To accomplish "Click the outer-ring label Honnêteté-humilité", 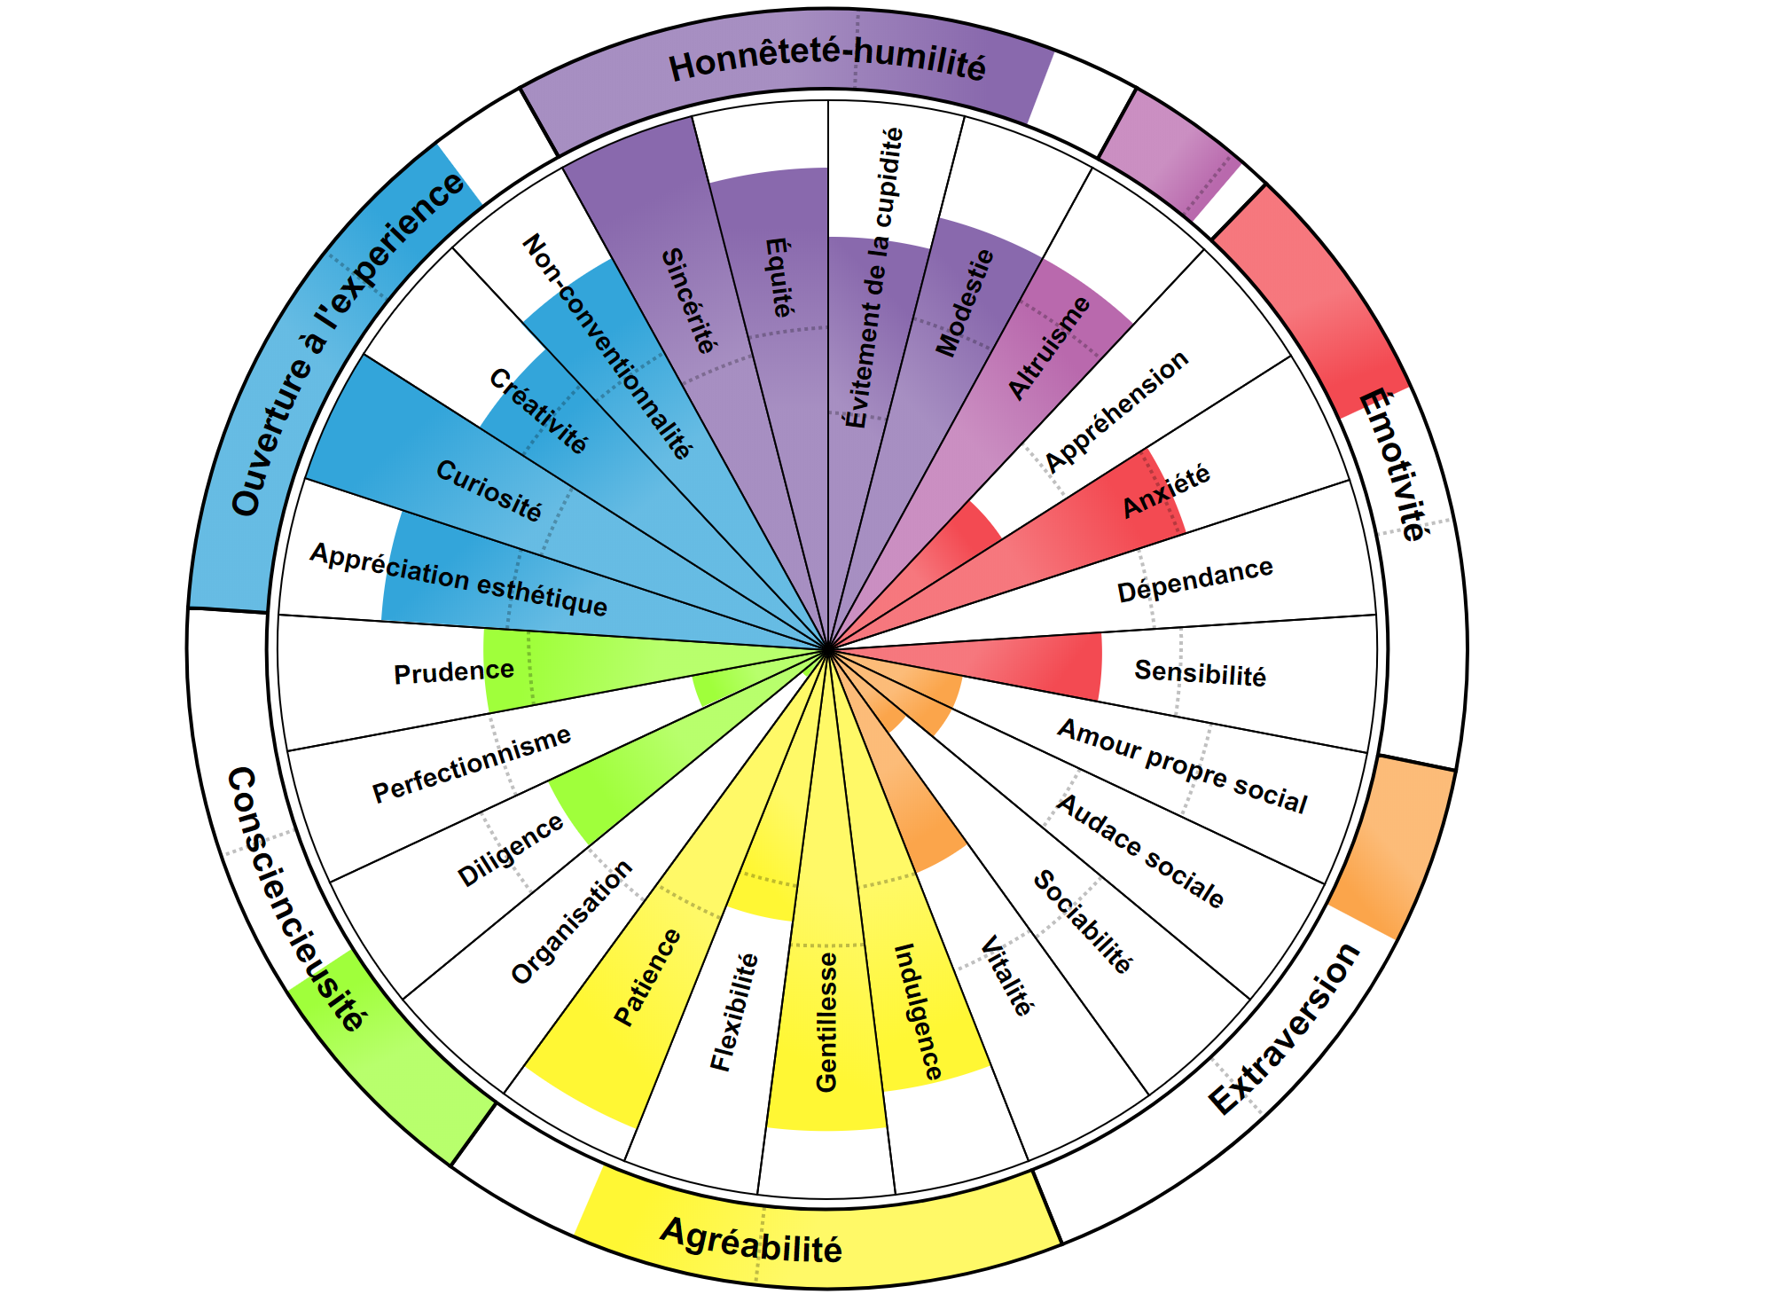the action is (827, 65).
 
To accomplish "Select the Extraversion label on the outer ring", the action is (1285, 1029).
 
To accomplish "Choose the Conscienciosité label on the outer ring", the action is (295, 900).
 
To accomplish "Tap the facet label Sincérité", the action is (689, 301).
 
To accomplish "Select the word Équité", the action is (779, 278).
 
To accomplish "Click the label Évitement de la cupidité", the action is (873, 278).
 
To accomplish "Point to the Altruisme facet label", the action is (1050, 347).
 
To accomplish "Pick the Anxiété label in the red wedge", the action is (1166, 490).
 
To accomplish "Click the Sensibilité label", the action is (1201, 673).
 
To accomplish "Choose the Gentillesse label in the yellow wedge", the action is (826, 1022).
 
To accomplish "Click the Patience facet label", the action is (648, 977).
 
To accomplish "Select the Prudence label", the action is (454, 672).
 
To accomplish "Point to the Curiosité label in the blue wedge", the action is (489, 490).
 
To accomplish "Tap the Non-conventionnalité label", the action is (607, 347).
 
